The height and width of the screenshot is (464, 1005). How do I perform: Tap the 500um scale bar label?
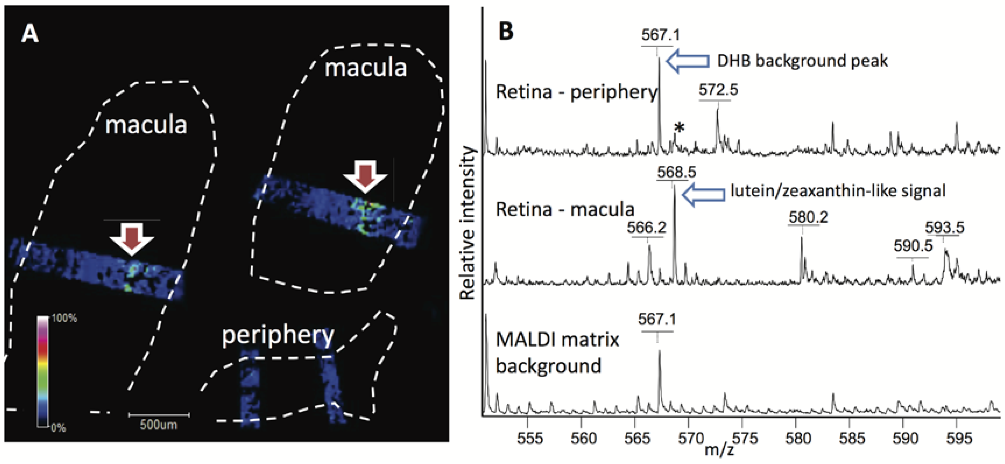[x=158, y=425]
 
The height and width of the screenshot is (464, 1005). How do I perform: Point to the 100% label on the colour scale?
[x=64, y=318]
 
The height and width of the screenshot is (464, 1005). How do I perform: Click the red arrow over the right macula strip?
[x=365, y=176]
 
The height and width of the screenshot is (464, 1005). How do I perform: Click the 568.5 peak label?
[x=676, y=172]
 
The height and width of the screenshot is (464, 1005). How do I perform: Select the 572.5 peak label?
[x=718, y=90]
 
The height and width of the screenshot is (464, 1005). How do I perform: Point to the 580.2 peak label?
[x=808, y=217]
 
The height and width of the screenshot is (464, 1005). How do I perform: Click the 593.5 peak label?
[x=944, y=227]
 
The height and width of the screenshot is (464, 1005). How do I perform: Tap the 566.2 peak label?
[x=646, y=227]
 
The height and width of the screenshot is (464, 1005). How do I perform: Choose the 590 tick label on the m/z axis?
[x=905, y=439]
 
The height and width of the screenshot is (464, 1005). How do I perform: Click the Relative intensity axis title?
[x=467, y=223]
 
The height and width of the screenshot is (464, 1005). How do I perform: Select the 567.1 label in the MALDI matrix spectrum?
[x=657, y=319]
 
